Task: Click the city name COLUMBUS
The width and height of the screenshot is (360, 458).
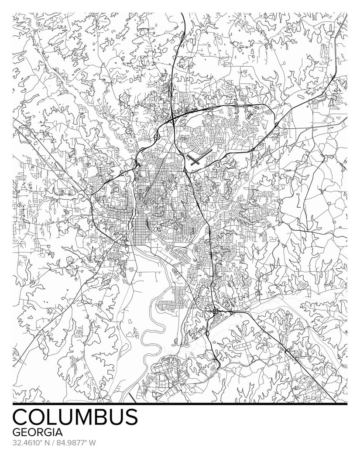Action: [75, 417]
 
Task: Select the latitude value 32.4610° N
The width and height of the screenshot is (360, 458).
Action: [32, 443]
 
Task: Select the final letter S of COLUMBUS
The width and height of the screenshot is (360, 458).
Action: [130, 417]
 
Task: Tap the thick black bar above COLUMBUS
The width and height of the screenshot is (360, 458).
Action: [180, 404]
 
